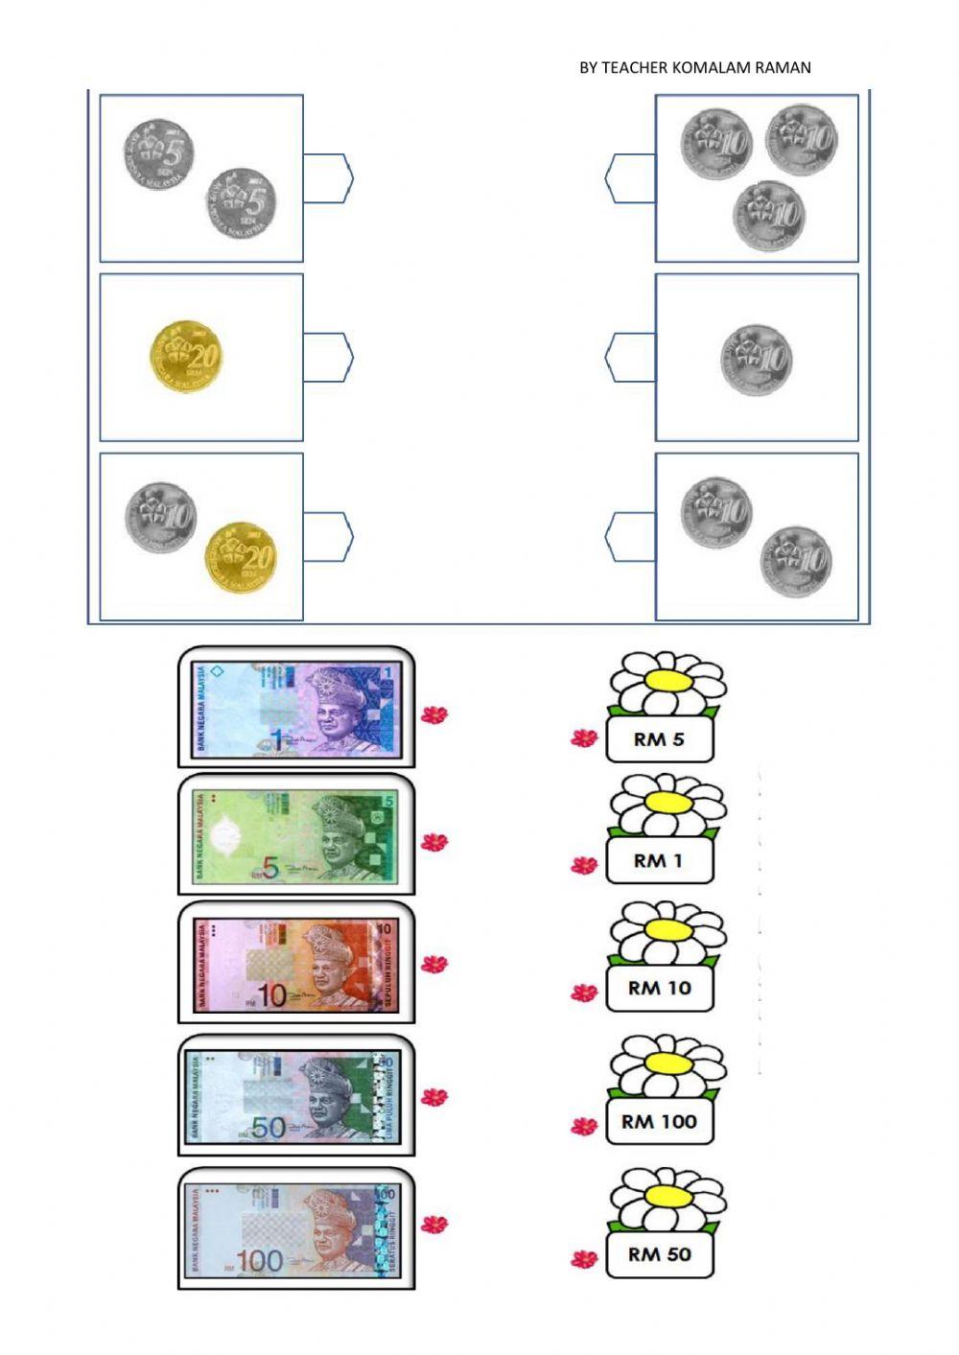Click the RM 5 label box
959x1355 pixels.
point(659,739)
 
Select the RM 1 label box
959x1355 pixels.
point(659,861)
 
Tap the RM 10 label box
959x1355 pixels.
point(659,988)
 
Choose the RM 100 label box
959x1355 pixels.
point(659,1121)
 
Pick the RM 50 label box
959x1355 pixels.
point(659,1253)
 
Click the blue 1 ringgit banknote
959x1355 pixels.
point(294,709)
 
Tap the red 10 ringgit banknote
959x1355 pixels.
point(294,965)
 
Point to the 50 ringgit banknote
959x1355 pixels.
point(294,1097)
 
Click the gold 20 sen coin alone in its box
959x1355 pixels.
point(186,356)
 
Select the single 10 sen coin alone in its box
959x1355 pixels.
point(756,361)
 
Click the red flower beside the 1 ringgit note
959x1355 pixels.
point(434,713)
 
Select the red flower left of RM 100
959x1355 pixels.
point(584,1125)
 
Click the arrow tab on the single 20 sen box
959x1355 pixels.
point(328,357)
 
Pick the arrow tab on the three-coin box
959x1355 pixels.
point(630,178)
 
